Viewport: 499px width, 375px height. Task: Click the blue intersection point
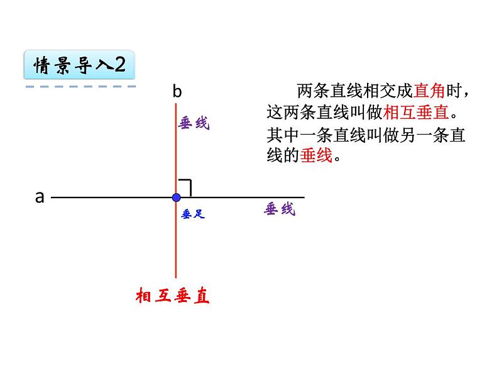pyautogui.click(x=176, y=198)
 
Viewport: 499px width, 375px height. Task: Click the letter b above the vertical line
pyautogui.click(x=177, y=92)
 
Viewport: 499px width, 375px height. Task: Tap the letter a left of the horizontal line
pyautogui.click(x=40, y=197)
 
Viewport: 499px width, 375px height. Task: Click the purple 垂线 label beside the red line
pyautogui.click(x=194, y=124)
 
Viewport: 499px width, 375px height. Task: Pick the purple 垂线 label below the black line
pyautogui.click(x=280, y=210)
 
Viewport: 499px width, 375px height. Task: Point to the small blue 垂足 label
pyautogui.click(x=193, y=215)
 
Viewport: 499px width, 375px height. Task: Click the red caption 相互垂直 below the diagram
pyautogui.click(x=172, y=296)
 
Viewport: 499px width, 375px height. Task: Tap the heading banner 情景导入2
pyautogui.click(x=79, y=65)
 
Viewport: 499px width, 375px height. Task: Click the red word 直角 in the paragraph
pyautogui.click(x=429, y=92)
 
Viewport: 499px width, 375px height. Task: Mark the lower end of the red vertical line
pyautogui.click(x=176, y=277)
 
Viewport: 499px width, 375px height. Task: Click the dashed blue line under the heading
pyautogui.click(x=80, y=86)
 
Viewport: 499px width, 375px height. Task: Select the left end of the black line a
pyautogui.click(x=52, y=198)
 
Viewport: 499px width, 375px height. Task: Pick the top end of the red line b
pyautogui.click(x=176, y=104)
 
